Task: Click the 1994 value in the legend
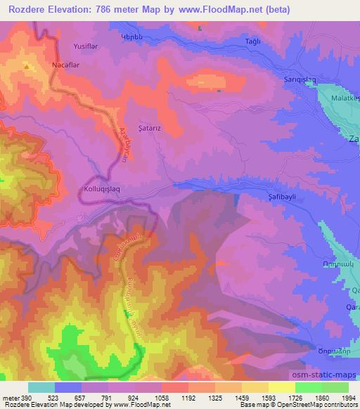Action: click(348, 397)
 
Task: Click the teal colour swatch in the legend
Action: click(41, 387)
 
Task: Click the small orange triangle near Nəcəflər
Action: click(27, 67)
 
